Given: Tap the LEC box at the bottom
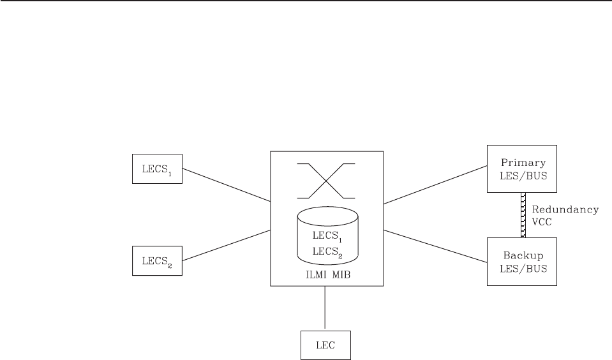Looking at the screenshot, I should pos(325,345).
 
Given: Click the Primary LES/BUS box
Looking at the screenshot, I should pos(521,169).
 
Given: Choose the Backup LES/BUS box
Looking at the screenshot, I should pos(521,260).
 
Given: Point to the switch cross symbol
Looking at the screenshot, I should pos(326,181).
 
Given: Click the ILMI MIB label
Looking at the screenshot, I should pos(327,276).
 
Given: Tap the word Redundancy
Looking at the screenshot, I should pos(566,209).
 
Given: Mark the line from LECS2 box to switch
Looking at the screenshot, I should pos(226,245).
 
